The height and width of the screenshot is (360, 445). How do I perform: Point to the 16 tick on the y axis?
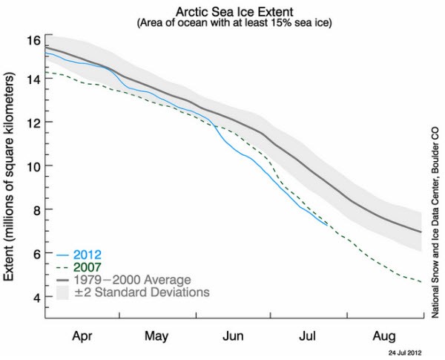pos(32,39)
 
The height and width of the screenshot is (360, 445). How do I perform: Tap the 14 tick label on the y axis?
pos(32,79)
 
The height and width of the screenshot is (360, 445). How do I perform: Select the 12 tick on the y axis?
pos(32,122)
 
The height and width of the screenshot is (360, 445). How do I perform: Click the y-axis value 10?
pos(32,166)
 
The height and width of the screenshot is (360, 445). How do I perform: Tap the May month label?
pos(156,334)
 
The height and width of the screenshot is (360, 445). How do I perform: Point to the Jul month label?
pos(309,334)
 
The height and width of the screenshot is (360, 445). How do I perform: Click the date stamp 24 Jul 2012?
pos(406,352)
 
